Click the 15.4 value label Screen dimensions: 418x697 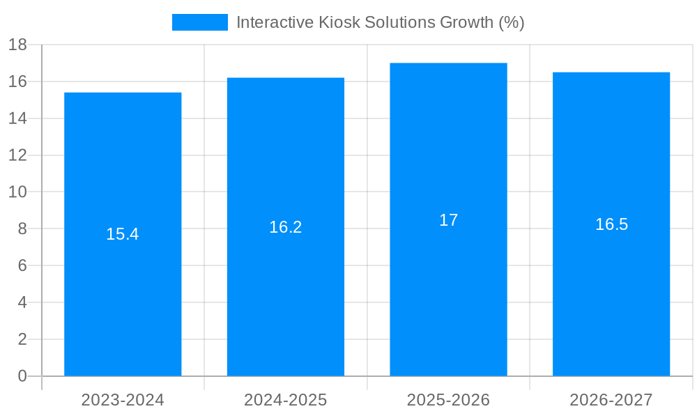click(x=123, y=235)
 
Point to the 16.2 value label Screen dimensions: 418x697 click(x=286, y=227)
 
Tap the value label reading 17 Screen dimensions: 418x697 click(x=448, y=220)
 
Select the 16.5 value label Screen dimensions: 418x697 click(x=611, y=224)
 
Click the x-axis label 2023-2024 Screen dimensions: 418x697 click(x=123, y=400)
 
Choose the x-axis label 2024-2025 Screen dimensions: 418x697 click(x=286, y=400)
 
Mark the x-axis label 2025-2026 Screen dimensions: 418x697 click(x=448, y=400)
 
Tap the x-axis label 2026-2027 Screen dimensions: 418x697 click(x=611, y=400)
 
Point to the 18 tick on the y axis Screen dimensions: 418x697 click(x=17, y=45)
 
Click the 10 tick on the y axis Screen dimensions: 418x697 click(x=17, y=192)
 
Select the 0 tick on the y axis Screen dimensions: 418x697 click(x=22, y=376)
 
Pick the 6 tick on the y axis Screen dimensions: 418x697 click(x=22, y=266)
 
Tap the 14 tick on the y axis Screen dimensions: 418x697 click(x=17, y=118)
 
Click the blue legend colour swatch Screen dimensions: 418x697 click(x=200, y=22)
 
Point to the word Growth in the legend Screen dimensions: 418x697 click(x=466, y=22)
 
